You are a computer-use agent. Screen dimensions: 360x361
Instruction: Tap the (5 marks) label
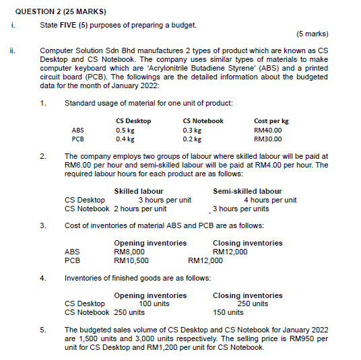[x=312, y=33]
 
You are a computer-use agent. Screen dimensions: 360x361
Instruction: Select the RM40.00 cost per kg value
[x=267, y=131]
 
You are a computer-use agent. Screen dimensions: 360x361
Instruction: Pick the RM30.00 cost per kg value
[x=267, y=139]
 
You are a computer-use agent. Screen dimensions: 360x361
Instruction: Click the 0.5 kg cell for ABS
[x=125, y=131]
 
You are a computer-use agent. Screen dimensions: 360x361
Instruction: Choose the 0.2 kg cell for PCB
[x=192, y=139]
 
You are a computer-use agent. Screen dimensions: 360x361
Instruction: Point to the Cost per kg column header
[x=271, y=121]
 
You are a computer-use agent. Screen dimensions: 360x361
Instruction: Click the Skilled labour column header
[x=139, y=192]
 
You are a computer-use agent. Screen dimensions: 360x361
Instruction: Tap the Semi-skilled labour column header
[x=247, y=192]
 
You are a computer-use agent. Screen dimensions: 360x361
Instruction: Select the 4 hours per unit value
[x=270, y=200]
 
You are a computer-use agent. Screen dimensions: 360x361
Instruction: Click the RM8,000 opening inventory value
[x=129, y=252]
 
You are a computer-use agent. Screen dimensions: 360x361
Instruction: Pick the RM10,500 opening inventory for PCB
[x=131, y=260]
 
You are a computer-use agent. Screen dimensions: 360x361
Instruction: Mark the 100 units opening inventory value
[x=154, y=303]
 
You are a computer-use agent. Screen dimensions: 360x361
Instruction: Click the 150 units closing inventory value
[x=228, y=312]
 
